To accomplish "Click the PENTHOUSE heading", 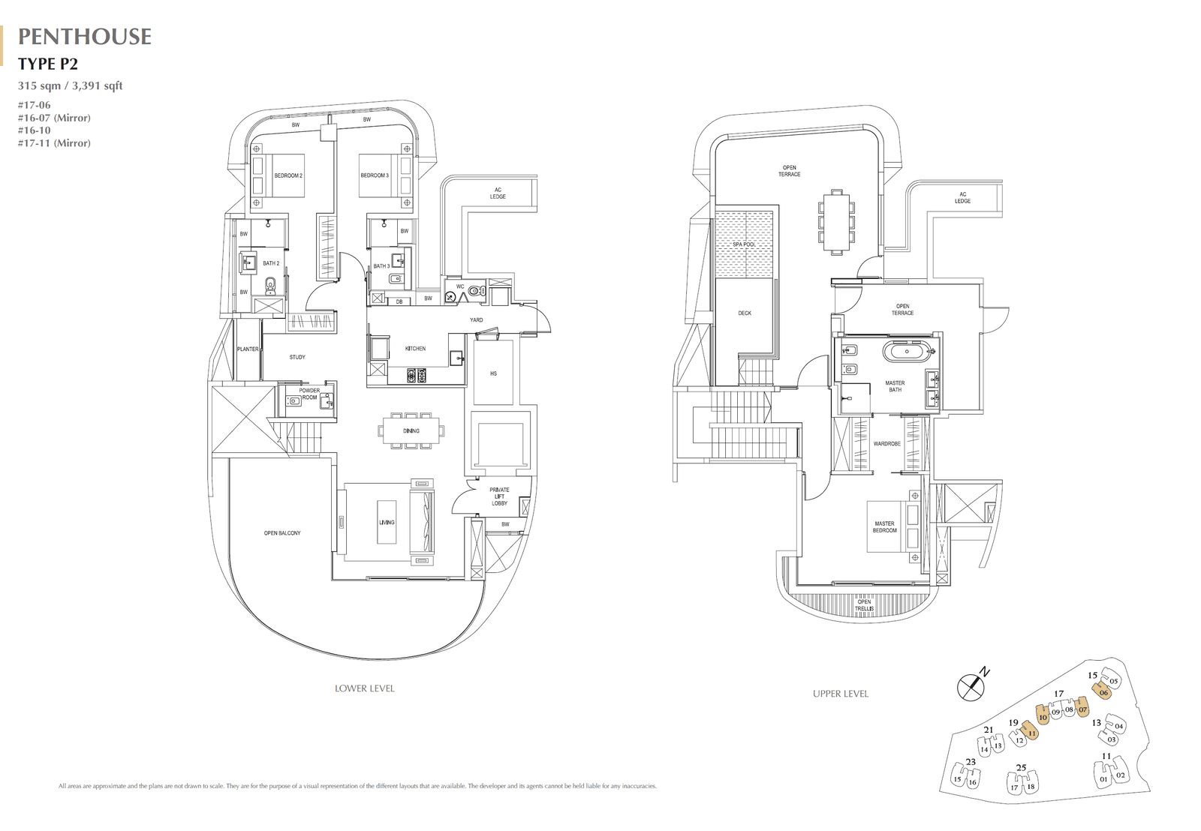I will tap(85, 37).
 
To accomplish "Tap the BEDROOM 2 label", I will tap(288, 175).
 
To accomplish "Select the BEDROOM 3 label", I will tap(375, 175).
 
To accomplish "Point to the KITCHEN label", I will tap(415, 349).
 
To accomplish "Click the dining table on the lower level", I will tap(411, 431).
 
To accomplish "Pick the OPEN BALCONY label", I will tap(282, 533).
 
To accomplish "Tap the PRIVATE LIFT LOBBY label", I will tap(499, 496).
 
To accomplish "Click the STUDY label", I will tap(297, 357).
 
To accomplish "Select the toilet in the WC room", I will tap(474, 290).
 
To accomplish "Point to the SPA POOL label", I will tap(744, 244).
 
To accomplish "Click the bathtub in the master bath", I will tap(907, 350).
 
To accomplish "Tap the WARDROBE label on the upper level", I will tap(886, 444).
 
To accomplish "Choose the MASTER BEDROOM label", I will tap(884, 527).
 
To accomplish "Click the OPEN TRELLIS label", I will tap(864, 605).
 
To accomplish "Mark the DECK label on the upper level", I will tap(745, 313).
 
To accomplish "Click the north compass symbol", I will tap(971, 687).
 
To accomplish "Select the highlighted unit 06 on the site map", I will tap(1103, 692).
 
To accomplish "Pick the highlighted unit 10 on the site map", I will tap(1043, 717).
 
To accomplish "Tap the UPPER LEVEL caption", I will tap(841, 694).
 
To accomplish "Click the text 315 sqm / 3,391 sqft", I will tap(71, 85).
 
